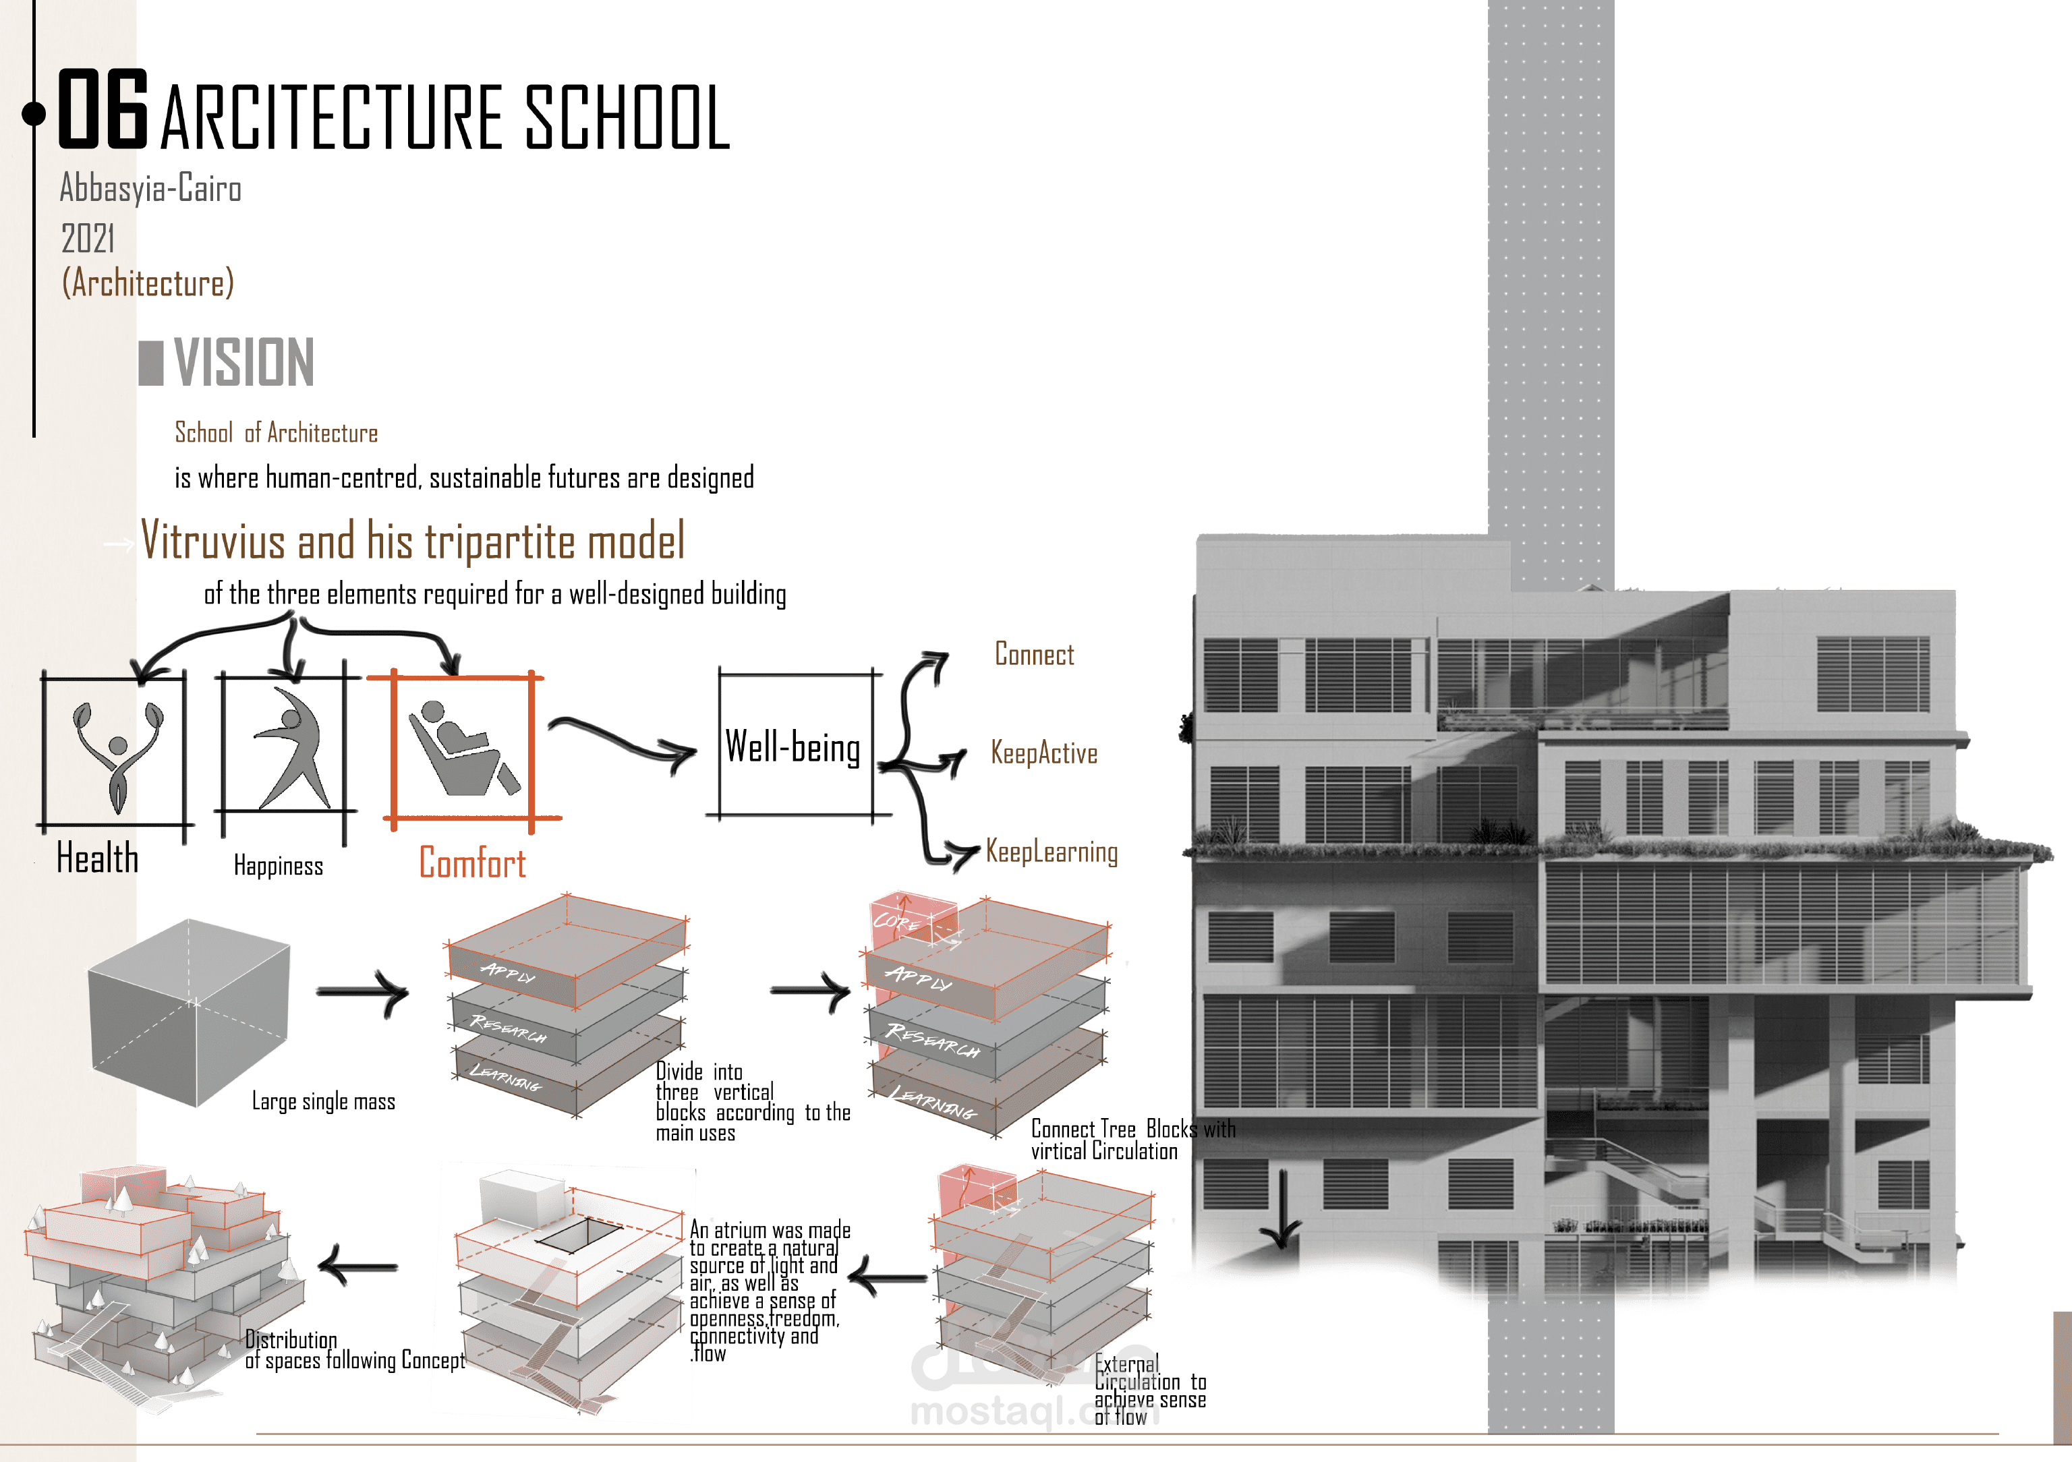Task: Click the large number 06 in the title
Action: click(102, 109)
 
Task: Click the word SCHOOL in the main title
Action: click(627, 117)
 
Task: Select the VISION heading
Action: click(243, 363)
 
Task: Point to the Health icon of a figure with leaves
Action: click(117, 753)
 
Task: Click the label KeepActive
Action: click(1044, 753)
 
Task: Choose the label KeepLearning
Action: click(1052, 852)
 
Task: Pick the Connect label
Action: click(1034, 654)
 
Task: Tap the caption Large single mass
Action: click(323, 1102)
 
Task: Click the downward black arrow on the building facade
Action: click(1282, 1209)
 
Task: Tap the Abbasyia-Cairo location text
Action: click(150, 189)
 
